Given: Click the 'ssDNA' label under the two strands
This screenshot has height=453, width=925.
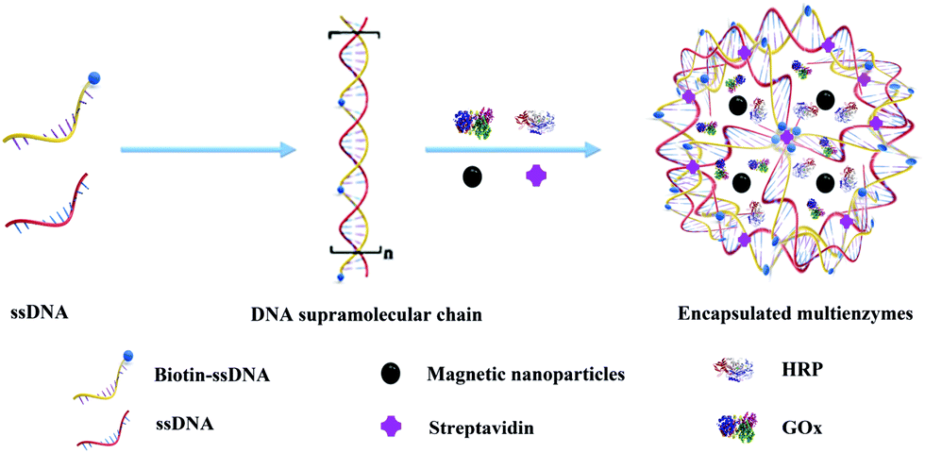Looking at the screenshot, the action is click(40, 312).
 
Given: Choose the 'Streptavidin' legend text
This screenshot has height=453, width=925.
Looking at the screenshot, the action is click(477, 428).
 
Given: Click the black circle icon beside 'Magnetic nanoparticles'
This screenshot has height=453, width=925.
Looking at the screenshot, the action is click(392, 373).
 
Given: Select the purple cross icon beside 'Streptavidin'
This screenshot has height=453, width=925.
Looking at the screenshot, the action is click(392, 427).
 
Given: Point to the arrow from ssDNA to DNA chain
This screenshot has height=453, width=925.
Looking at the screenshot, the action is click(207, 150).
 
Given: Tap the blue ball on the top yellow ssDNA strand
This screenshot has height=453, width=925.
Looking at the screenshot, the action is click(94, 76).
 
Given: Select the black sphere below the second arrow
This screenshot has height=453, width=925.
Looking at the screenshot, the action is click(473, 176).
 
